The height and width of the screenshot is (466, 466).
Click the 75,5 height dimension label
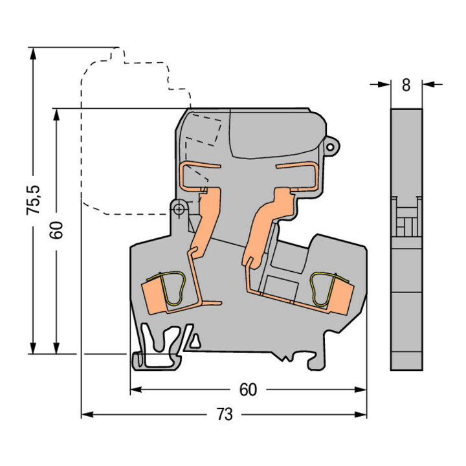tap(33, 200)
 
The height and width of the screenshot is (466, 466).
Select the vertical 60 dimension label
tap(56, 230)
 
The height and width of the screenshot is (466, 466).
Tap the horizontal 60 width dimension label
tap(248, 390)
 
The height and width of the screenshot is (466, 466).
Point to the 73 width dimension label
tap(225, 414)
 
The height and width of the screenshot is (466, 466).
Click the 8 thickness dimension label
tap(406, 85)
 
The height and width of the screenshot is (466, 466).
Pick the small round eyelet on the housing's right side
tap(330, 147)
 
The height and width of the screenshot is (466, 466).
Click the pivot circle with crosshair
tap(179, 209)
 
